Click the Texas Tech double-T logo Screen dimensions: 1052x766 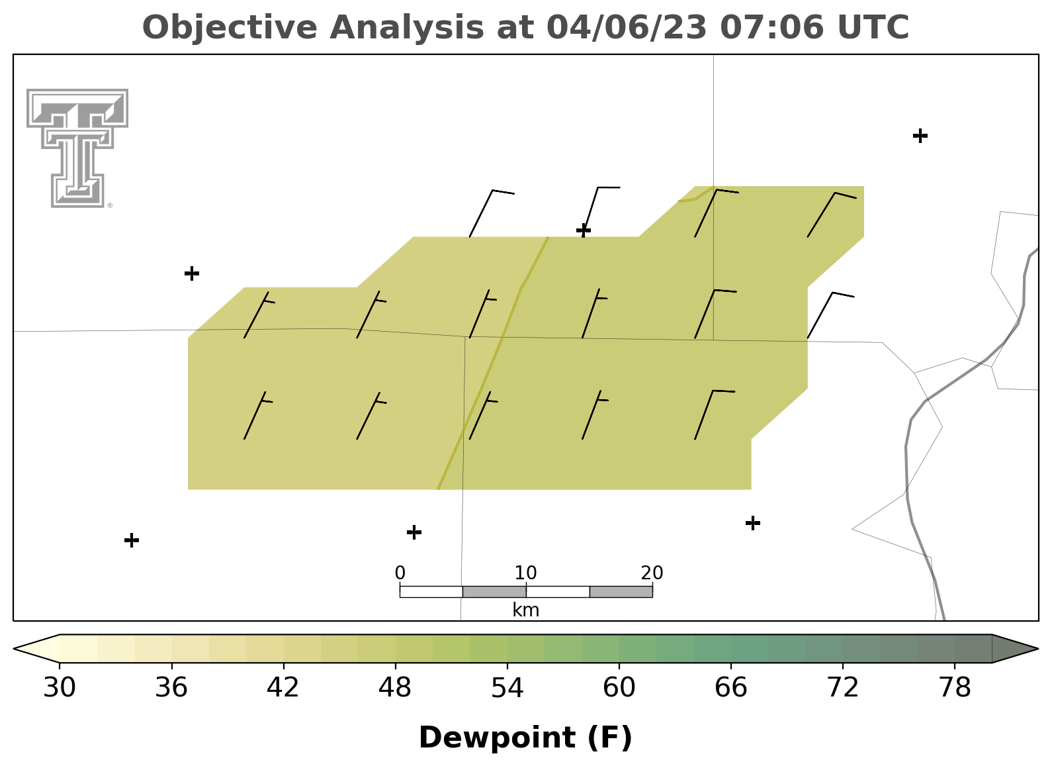click(x=77, y=148)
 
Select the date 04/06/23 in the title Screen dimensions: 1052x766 click(x=627, y=28)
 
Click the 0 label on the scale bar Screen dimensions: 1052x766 click(x=400, y=573)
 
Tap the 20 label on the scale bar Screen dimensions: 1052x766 click(x=652, y=573)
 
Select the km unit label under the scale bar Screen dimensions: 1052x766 click(x=525, y=610)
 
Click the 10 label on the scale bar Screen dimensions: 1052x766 click(x=525, y=573)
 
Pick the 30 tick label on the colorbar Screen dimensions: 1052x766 click(x=59, y=687)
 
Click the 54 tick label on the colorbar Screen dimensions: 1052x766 click(x=507, y=687)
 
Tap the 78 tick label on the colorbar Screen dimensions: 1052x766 click(x=955, y=687)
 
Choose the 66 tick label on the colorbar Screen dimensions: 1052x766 click(x=730, y=687)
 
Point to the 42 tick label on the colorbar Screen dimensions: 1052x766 click(x=283, y=687)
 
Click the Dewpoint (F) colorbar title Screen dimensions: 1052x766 click(x=525, y=738)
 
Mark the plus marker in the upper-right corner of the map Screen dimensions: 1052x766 click(x=920, y=136)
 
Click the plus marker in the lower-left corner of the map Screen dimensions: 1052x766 click(x=132, y=540)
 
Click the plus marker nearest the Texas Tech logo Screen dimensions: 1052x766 click(x=192, y=273)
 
